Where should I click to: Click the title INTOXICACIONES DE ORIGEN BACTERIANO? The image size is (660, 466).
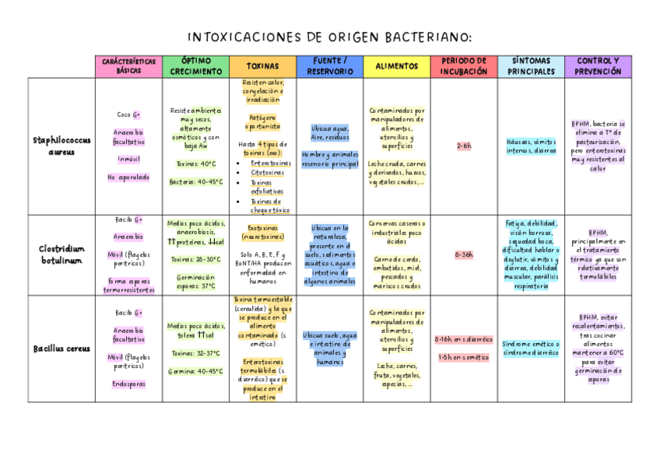coord(330,37)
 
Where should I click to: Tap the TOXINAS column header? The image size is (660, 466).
coord(262,67)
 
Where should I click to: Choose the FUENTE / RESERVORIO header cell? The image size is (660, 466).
coord(329,66)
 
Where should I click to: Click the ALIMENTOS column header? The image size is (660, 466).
coord(396,67)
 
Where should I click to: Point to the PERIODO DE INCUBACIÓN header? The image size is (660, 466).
coord(463,66)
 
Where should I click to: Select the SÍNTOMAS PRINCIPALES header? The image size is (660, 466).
coord(531,66)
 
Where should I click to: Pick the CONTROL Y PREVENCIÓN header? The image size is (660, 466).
coord(598,66)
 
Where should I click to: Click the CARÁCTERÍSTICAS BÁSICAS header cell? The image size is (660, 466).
coord(128,66)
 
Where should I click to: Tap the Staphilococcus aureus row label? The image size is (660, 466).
coord(61,146)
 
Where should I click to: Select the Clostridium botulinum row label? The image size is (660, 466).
coord(61,254)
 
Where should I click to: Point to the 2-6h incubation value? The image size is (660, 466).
coord(464,145)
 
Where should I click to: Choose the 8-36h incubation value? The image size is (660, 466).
coord(464,254)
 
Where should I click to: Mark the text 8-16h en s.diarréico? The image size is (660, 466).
coord(464,340)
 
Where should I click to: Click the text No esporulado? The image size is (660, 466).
coord(128,177)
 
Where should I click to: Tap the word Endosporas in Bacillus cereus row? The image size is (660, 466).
coord(128,384)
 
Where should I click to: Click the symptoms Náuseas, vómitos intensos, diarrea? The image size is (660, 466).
coord(531,146)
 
